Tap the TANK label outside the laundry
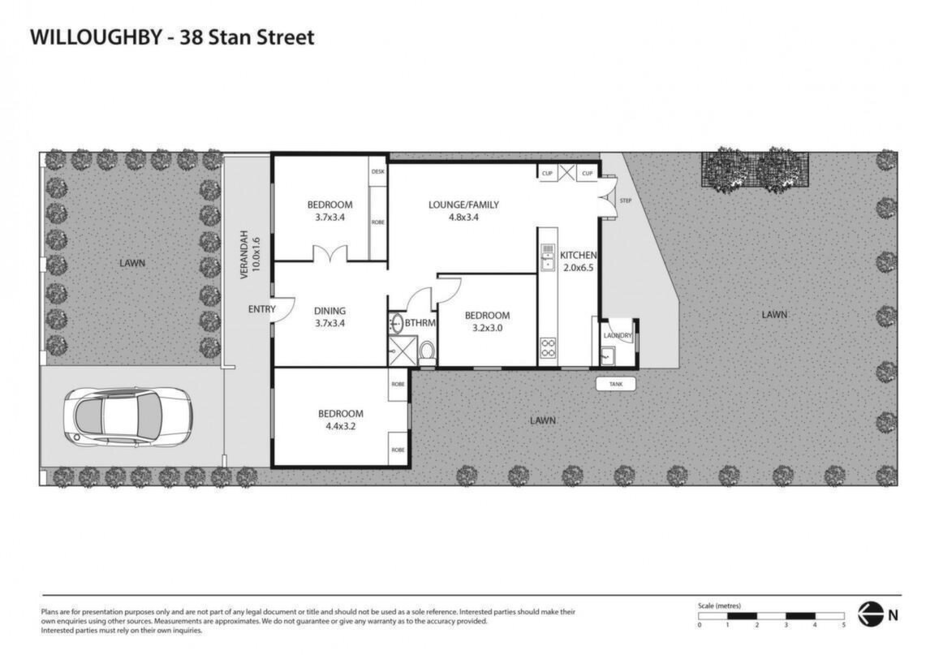pos(616,384)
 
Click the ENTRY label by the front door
pos(261,309)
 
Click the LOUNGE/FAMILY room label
pos(463,205)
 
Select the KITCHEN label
pos(578,255)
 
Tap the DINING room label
pos(329,311)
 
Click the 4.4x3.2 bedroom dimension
pos(341,426)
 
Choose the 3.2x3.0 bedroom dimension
pos(487,328)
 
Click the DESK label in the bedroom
pos(378,171)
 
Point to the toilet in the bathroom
pos(427,352)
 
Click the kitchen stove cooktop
pos(548,347)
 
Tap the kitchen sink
pos(548,257)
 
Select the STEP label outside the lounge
pos(626,200)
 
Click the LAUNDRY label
pos(618,335)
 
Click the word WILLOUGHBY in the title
pos(96,37)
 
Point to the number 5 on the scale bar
pos(844,625)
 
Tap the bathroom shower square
pos(403,351)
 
